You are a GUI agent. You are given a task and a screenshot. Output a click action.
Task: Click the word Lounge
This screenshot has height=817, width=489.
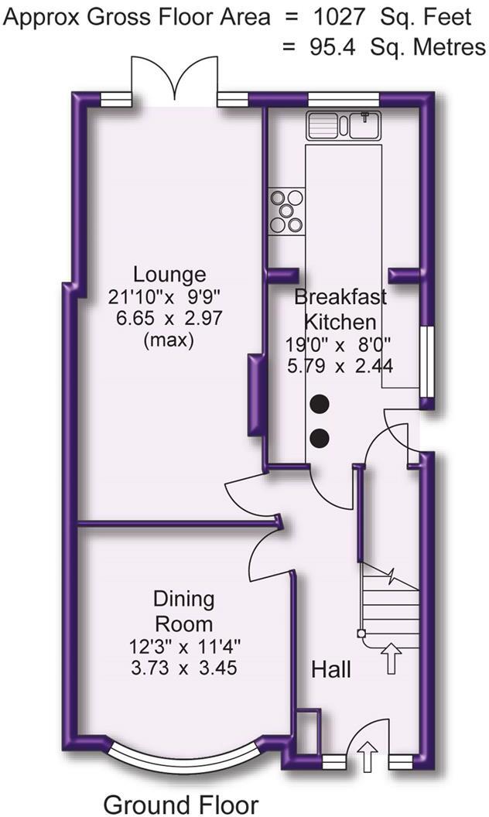point(169,275)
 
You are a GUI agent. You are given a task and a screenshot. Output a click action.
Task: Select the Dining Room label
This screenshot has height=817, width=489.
point(183,610)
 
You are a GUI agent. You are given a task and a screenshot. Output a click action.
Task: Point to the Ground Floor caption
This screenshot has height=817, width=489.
point(180,803)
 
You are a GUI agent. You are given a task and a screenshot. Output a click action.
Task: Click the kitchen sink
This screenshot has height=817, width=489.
point(343,125)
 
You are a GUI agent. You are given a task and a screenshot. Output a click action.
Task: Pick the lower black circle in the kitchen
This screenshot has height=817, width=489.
point(320,439)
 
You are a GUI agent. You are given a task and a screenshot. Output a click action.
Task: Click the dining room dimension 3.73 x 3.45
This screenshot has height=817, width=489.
point(183,668)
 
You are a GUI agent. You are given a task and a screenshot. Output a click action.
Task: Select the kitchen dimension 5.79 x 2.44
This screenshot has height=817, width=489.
point(340,365)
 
